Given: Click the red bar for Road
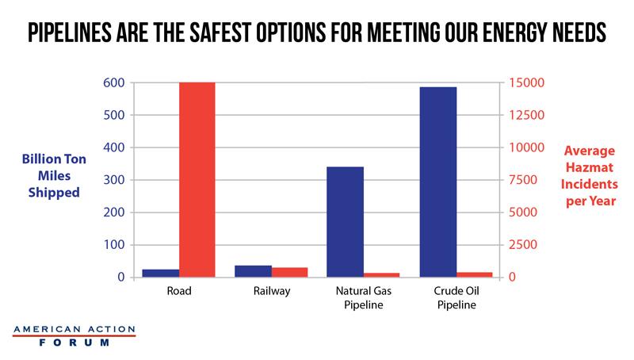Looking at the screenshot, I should point(197,179).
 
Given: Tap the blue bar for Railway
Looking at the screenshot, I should point(254,271).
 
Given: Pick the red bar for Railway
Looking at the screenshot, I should point(289,272).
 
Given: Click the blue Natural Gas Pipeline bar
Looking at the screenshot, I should point(346,222).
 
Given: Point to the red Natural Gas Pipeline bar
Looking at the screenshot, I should point(382,274).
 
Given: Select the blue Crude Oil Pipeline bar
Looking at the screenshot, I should point(438,182).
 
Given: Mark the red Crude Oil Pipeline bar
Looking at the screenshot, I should point(474,274).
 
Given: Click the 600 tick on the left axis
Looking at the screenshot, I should point(114,83).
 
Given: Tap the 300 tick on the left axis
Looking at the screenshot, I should point(114,180).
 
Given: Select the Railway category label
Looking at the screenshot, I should point(271,291).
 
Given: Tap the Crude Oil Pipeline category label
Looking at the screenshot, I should point(456,297).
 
